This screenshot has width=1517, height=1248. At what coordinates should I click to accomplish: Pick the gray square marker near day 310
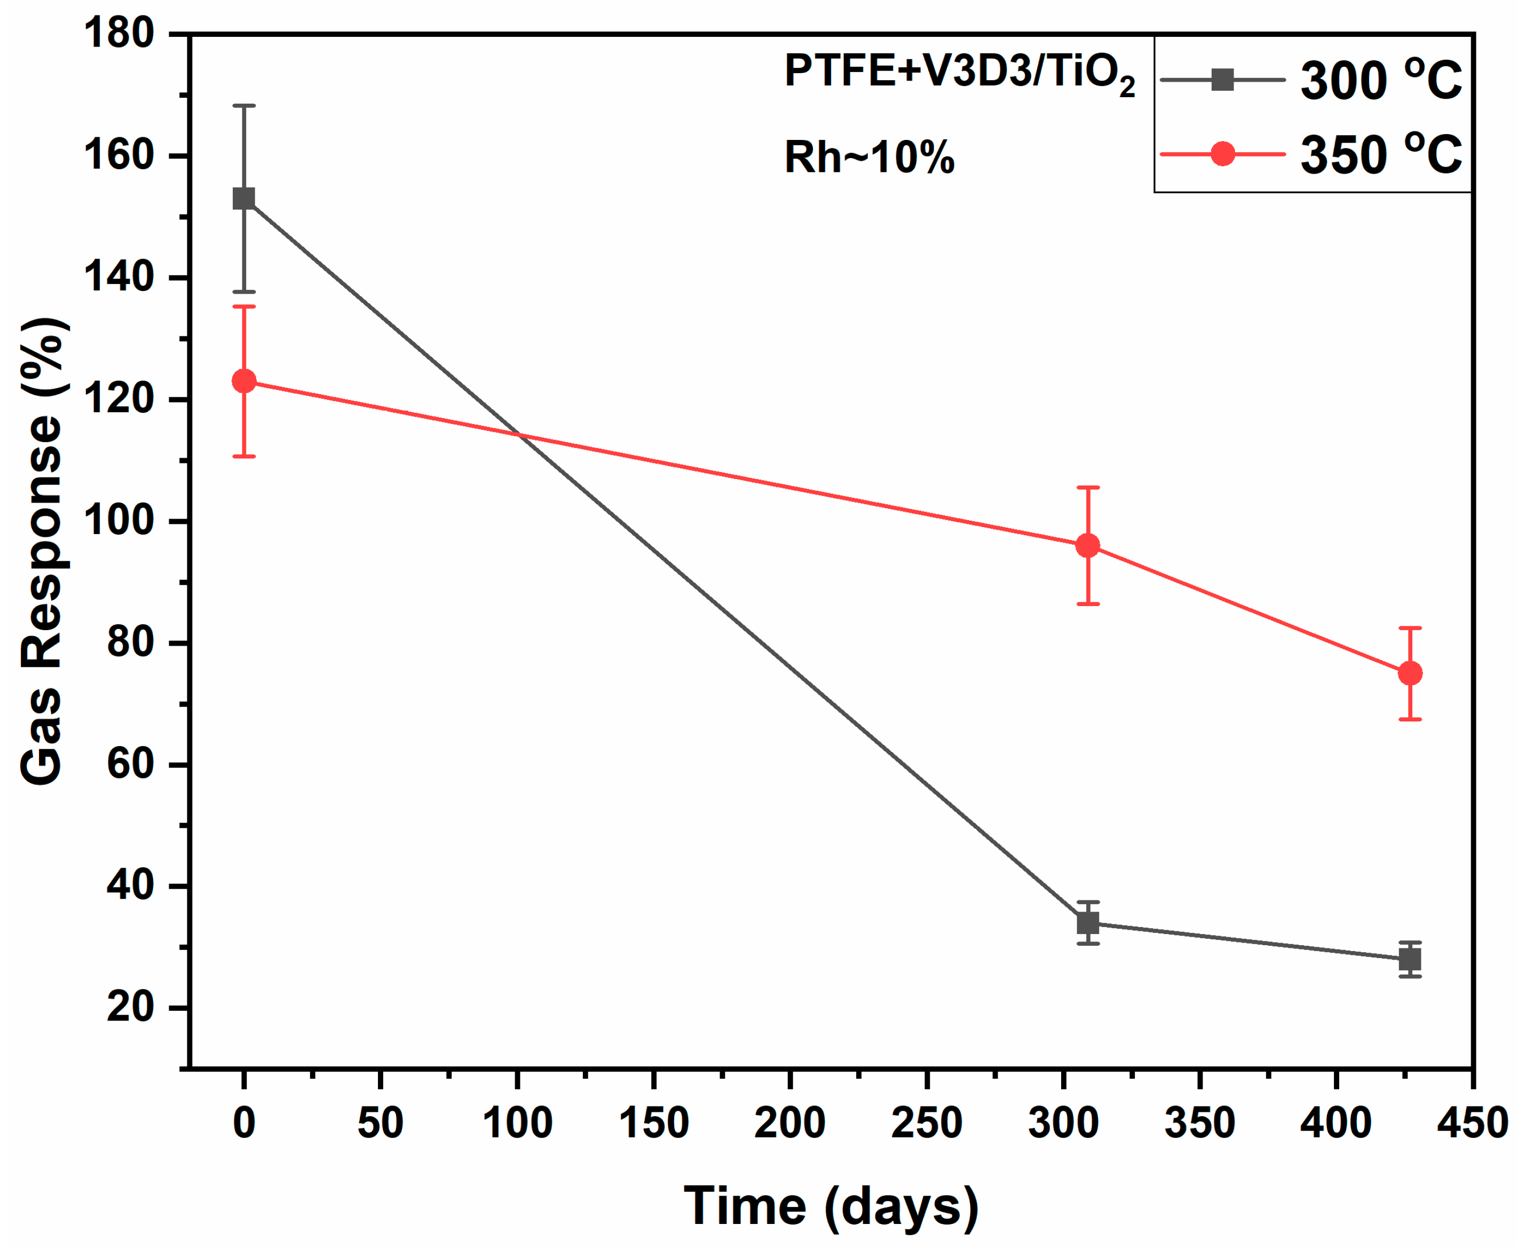(1087, 922)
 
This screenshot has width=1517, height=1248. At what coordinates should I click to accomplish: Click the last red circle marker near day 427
(1409, 673)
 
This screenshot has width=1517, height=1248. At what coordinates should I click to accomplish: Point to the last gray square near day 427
(1409, 959)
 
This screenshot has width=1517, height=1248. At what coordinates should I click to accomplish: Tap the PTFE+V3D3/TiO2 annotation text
(959, 73)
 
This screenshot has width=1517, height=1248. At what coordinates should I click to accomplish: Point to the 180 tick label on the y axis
(119, 33)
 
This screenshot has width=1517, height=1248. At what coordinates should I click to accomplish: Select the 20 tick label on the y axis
(131, 1007)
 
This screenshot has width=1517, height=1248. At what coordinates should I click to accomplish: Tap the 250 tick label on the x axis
(926, 1122)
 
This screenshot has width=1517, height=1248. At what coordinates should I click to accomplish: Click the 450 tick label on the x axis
(1472, 1122)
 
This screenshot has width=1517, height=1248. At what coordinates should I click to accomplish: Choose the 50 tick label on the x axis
(380, 1122)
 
